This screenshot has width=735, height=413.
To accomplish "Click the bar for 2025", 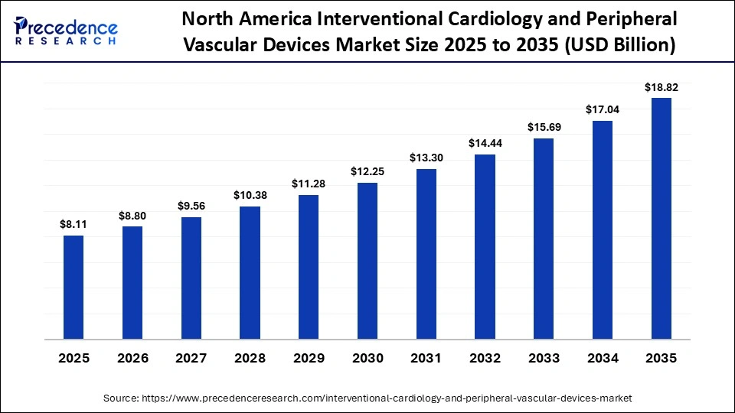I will coord(73,287).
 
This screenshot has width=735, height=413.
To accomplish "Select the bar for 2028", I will coord(250,272).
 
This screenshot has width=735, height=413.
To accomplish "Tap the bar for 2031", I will coord(426,253).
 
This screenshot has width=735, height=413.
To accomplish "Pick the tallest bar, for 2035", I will coord(661,218).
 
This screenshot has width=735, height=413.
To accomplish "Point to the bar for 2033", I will coord(544,238).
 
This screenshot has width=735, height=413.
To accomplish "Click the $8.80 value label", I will coord(132,216).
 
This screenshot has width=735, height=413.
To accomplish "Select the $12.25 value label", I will coord(367,172).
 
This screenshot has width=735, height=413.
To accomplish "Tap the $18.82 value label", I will coord(661,87).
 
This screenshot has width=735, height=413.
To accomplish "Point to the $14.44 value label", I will coord(485,144).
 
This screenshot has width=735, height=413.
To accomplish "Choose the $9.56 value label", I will coord(191,206).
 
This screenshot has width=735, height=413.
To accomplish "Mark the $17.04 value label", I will coord(603,110).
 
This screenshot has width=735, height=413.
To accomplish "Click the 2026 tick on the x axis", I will coord(132,358).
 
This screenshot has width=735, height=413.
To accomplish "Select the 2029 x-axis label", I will coord(309,358).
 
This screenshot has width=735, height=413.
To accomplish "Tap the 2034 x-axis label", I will coord(603,358).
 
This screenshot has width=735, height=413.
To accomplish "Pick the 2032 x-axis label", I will coord(485,358).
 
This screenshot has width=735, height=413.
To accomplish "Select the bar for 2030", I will coord(367,260).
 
